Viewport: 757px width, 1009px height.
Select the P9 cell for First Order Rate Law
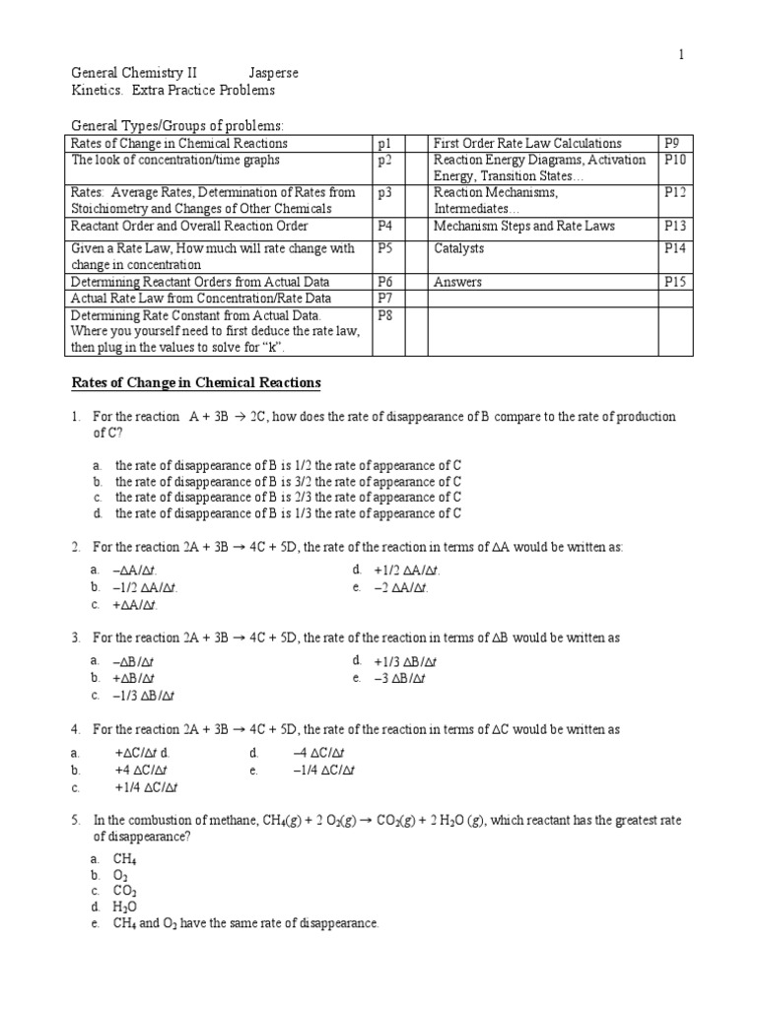coord(673,143)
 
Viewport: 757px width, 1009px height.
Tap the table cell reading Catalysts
coord(458,249)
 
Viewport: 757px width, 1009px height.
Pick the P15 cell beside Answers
coord(676,282)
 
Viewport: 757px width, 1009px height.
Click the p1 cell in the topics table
coord(384,143)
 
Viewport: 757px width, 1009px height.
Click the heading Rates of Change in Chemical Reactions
coord(196,382)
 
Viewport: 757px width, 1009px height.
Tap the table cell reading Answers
coord(458,282)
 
